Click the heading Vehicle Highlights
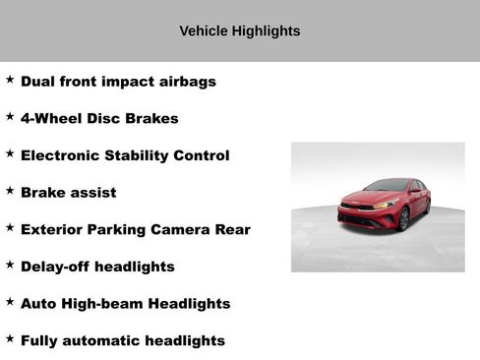pos(239,31)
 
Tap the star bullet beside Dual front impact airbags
pos(10,80)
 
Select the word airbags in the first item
pos(187,82)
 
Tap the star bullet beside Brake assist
pos(10,191)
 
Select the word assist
pos(92,193)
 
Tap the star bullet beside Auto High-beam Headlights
pos(10,302)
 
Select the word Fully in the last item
pos(40,341)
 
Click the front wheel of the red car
pos(403,219)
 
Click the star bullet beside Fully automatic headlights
pos(10,339)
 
